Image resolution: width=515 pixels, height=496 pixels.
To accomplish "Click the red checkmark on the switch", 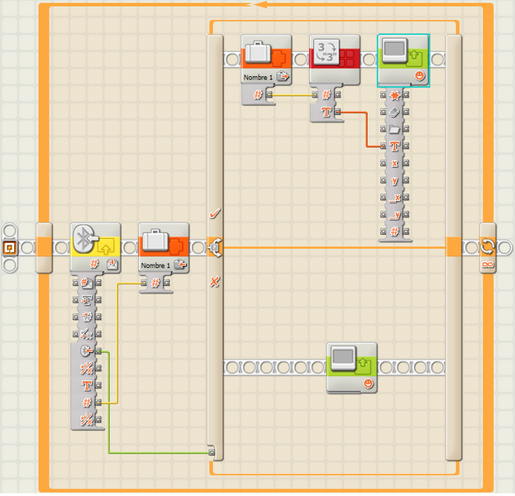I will click(215, 213).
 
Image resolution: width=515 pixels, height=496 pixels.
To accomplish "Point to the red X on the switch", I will click(215, 282).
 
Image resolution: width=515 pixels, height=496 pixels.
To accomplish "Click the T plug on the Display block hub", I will click(395, 145).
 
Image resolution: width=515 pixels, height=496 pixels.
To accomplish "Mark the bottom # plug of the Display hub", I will click(395, 231).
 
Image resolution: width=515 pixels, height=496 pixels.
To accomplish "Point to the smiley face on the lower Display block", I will click(368, 384).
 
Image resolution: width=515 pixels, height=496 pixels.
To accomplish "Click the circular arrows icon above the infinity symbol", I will click(488, 246).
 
